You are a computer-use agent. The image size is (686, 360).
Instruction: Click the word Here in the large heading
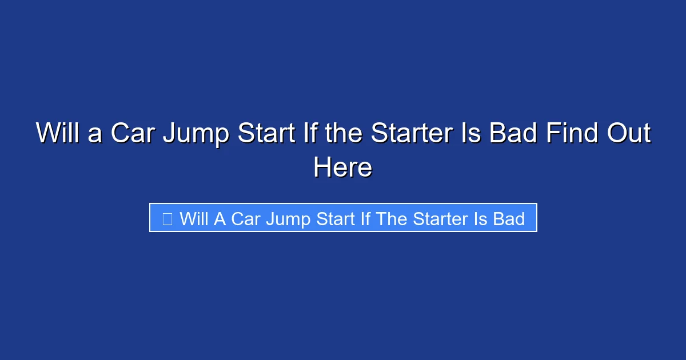click(x=342, y=168)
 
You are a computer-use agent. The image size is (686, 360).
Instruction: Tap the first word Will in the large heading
click(x=58, y=134)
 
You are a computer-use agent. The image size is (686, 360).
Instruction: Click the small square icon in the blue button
click(x=167, y=219)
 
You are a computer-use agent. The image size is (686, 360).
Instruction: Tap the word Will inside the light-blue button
click(x=194, y=219)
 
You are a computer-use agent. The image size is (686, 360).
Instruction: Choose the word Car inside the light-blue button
click(x=246, y=219)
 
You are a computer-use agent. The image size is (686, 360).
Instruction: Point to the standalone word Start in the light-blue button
click(x=334, y=219)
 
